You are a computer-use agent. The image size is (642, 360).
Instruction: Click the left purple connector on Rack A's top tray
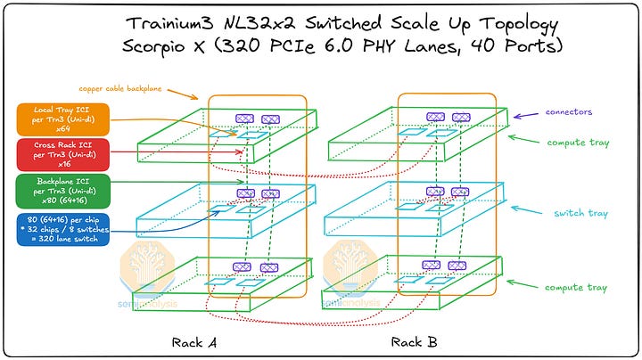[244, 118]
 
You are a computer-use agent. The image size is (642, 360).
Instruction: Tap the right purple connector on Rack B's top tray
[461, 117]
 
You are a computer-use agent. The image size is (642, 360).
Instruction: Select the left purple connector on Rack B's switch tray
[436, 192]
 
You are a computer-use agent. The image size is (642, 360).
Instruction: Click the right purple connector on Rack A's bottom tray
[267, 266]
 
